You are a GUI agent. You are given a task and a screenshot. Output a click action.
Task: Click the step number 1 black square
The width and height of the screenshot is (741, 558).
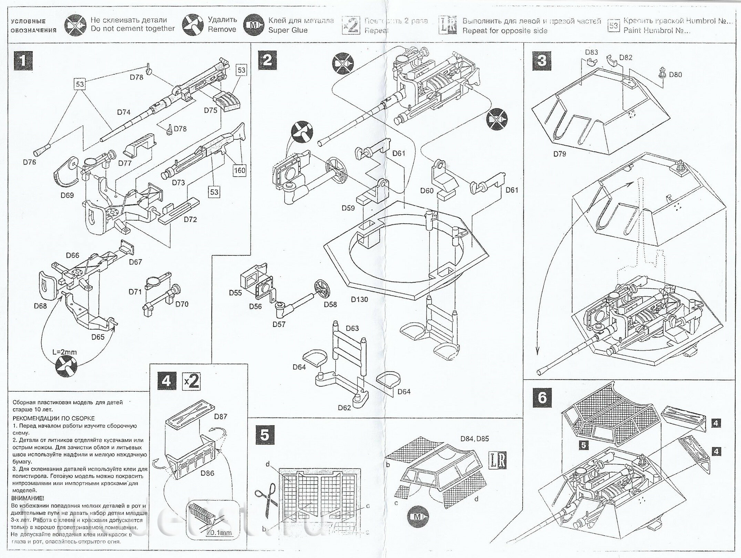(23, 61)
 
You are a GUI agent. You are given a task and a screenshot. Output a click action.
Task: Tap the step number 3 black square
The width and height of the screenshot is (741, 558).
(542, 61)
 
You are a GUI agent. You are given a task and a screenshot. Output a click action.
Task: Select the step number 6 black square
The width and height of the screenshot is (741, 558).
(542, 398)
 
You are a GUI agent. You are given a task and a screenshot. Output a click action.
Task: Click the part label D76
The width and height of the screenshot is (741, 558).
(30, 162)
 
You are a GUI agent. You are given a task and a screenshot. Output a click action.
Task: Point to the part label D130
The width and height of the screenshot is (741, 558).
(359, 299)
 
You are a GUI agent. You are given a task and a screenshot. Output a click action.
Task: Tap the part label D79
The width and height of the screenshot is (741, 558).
(559, 154)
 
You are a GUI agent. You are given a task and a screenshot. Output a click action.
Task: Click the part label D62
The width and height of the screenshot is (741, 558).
(344, 408)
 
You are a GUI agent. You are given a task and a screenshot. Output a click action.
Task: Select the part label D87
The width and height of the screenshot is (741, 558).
(220, 417)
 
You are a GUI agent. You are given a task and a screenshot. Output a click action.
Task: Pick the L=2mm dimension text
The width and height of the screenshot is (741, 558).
(64, 352)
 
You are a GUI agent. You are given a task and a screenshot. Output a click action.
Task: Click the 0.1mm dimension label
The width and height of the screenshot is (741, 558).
(221, 533)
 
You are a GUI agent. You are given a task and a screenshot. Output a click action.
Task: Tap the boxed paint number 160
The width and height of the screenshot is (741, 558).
(239, 170)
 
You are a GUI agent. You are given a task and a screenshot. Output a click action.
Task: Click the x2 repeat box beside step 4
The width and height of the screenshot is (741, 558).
(191, 381)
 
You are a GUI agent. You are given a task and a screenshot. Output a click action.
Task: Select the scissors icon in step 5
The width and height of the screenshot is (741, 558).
(266, 499)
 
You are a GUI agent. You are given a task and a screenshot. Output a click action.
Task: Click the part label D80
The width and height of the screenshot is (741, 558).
(675, 75)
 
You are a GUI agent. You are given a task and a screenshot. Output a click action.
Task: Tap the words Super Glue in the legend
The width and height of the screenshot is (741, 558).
(288, 30)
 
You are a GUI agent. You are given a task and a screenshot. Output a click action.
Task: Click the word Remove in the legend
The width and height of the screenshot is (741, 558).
(222, 30)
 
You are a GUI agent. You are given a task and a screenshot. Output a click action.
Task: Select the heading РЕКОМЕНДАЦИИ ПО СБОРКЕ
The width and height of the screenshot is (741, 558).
(53, 418)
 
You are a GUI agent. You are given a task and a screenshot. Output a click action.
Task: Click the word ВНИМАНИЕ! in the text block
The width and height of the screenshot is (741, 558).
(28, 498)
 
